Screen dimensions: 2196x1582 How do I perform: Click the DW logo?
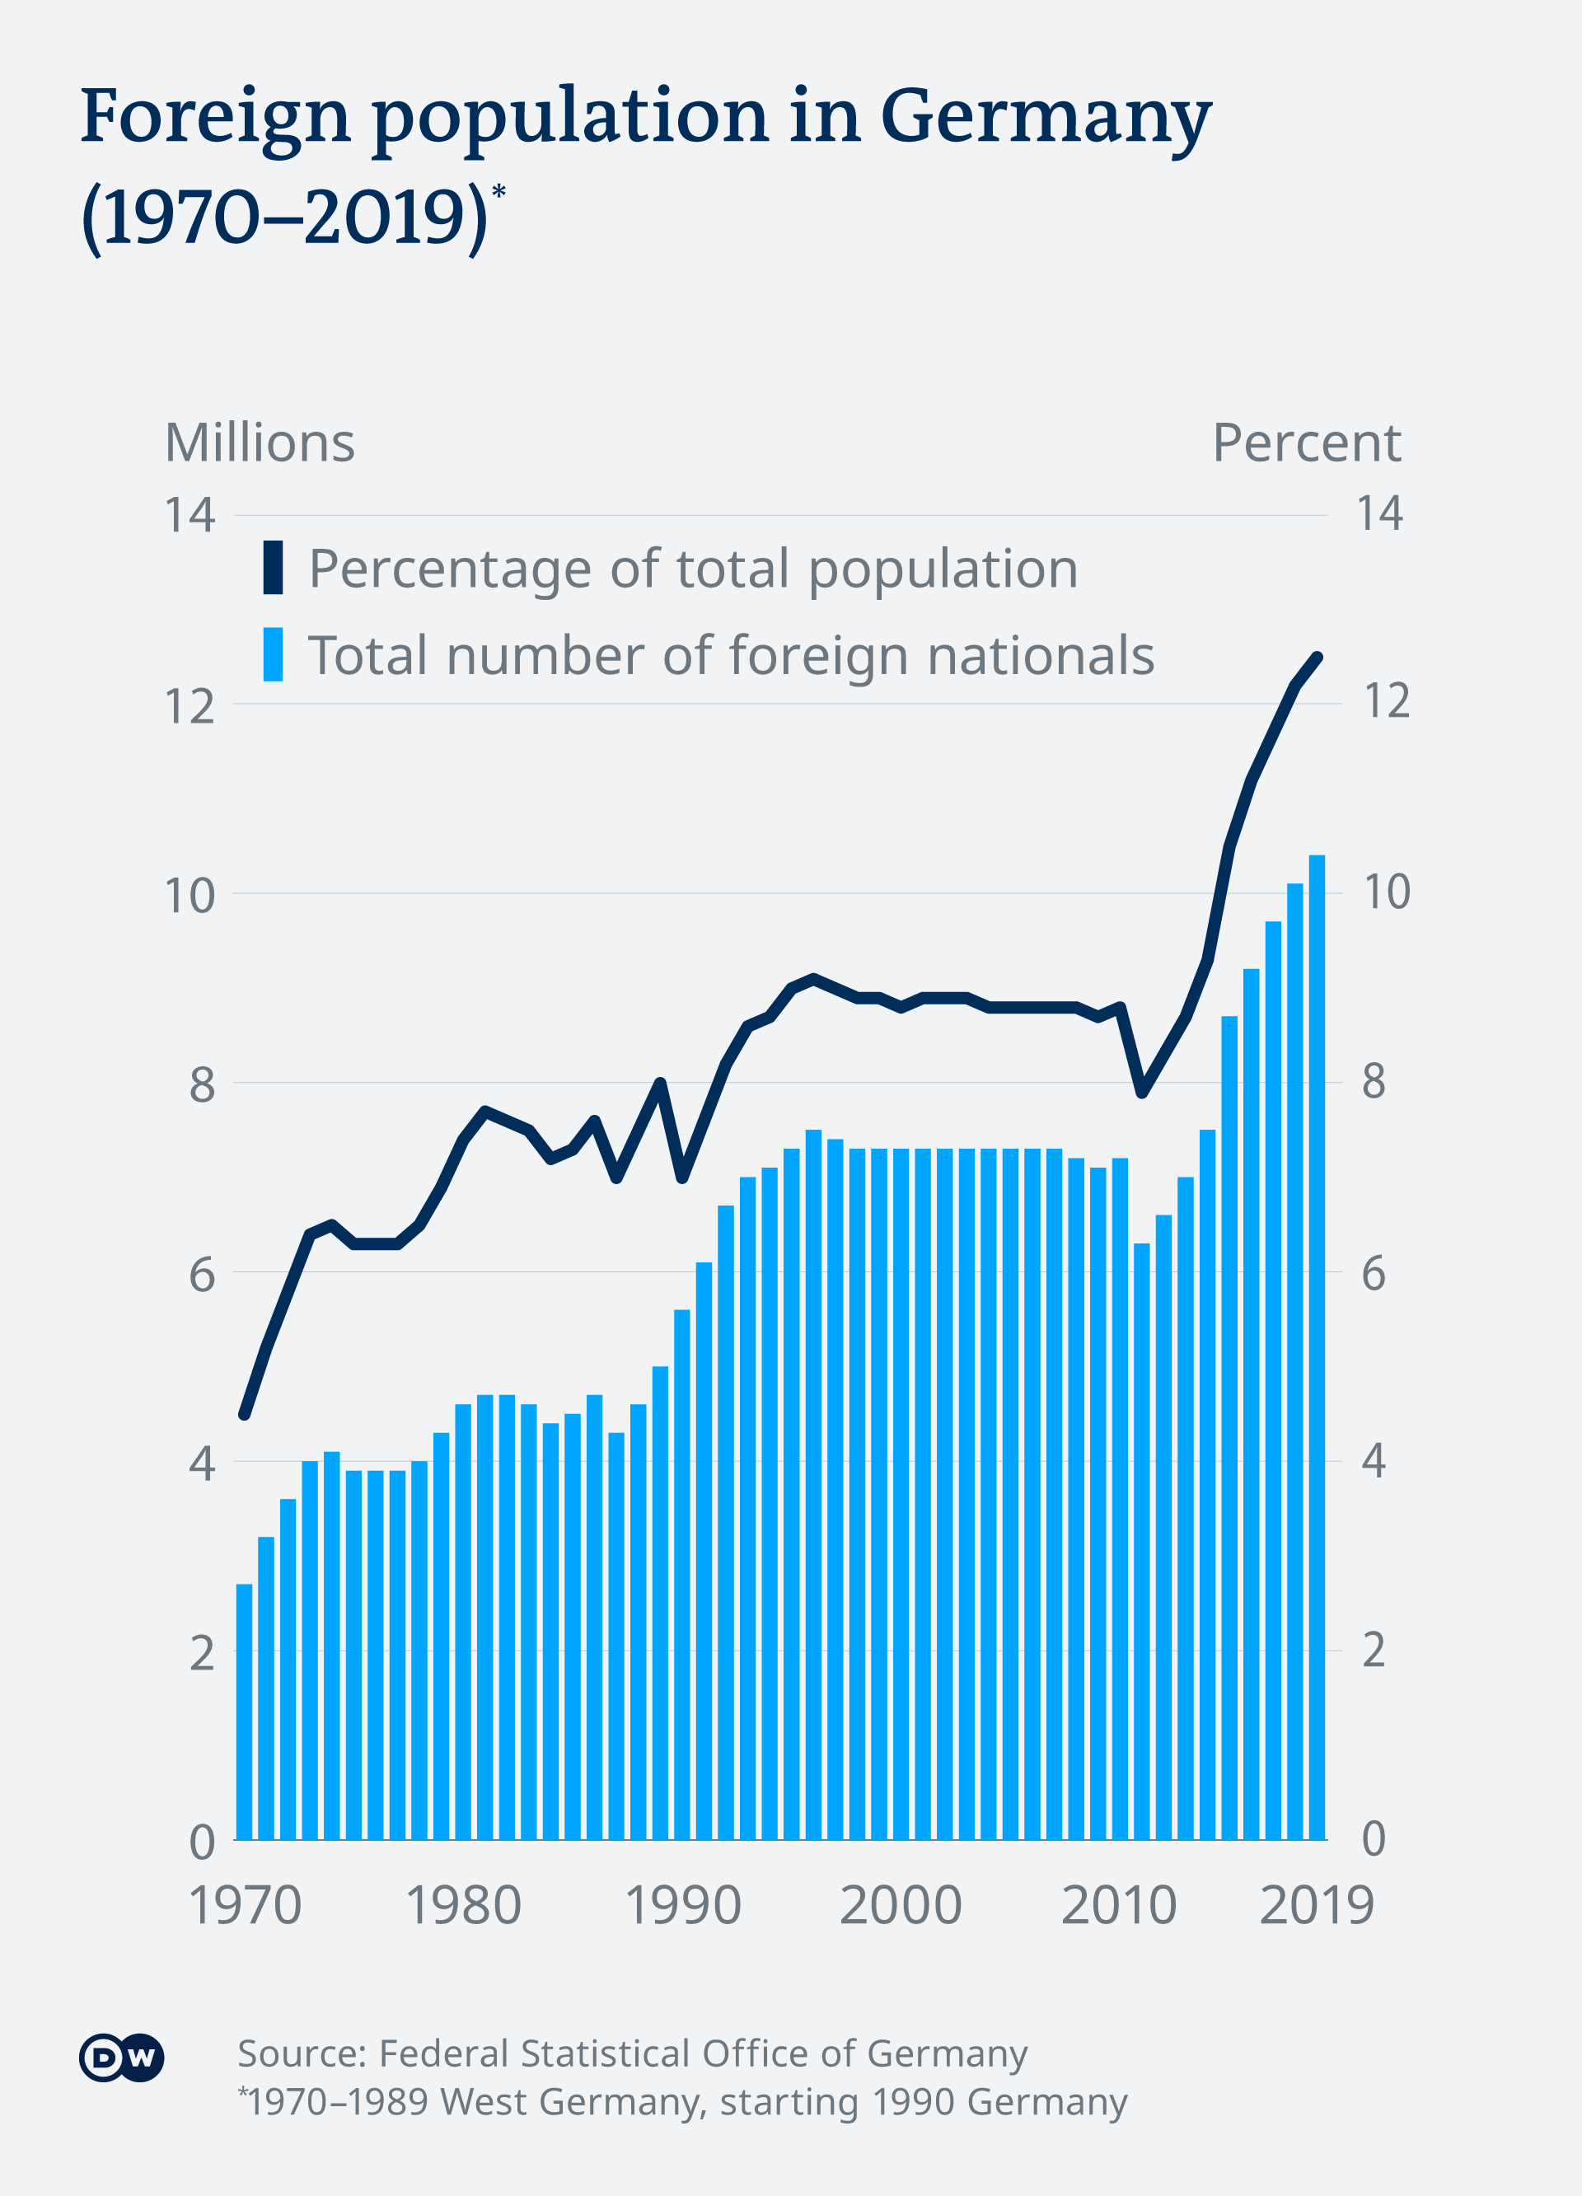point(121,2058)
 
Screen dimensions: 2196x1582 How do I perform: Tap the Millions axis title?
point(260,443)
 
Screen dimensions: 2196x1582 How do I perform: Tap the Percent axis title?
point(1306,443)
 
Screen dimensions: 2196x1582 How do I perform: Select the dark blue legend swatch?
point(273,568)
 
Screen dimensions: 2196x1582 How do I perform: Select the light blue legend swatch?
point(273,654)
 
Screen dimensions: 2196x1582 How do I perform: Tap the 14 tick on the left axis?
point(190,515)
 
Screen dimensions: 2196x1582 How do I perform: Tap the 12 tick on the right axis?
point(1385,701)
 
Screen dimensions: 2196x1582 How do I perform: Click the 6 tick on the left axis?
point(201,1276)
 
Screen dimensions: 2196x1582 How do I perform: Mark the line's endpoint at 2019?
point(1318,657)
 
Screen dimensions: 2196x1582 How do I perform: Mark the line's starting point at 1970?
point(244,1416)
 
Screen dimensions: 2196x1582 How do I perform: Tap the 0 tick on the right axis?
point(1374,1840)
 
